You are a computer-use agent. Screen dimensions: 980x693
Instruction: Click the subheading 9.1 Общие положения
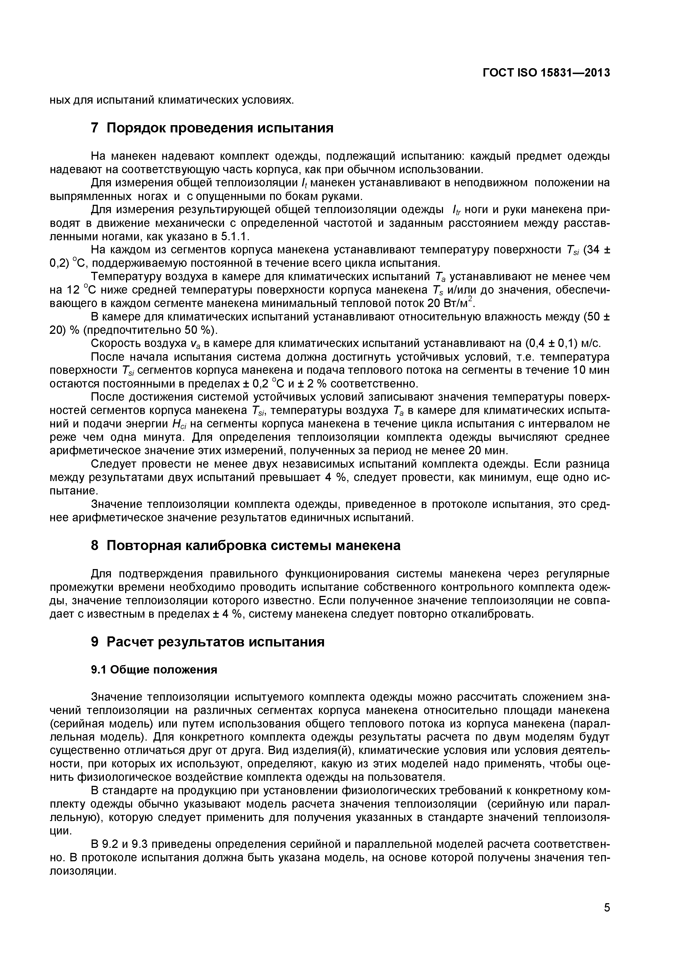(x=154, y=670)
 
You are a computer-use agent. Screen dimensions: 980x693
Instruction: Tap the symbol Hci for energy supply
(x=177, y=424)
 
